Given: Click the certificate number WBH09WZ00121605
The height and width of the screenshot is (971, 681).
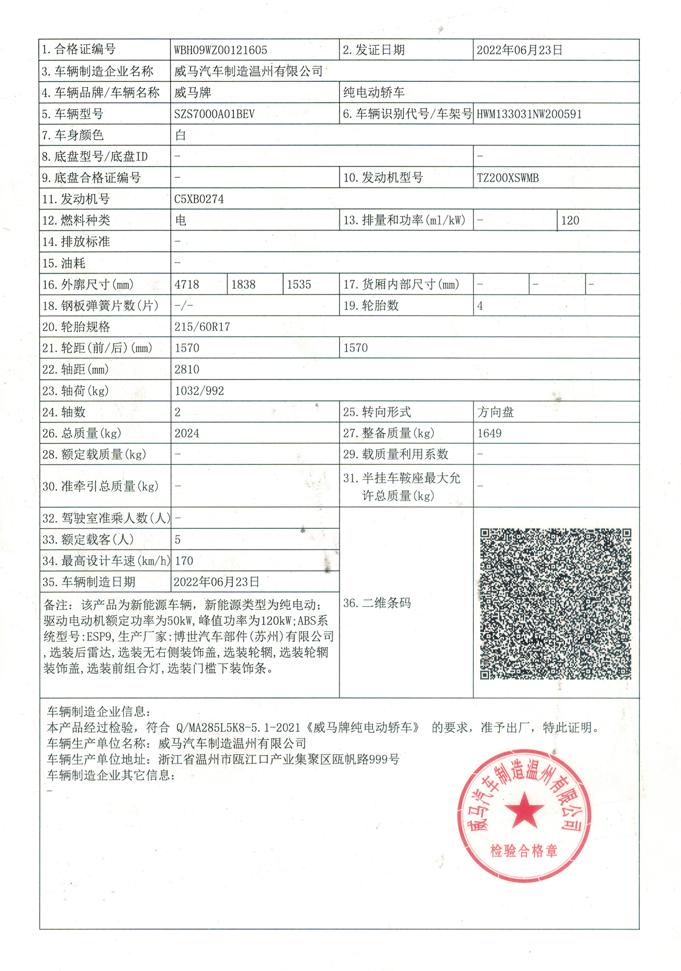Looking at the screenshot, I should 220,50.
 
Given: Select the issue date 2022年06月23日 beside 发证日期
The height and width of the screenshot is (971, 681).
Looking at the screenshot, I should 519,50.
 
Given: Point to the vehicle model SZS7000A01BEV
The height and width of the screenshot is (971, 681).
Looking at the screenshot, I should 215,114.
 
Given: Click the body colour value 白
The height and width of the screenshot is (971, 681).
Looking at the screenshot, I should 181,135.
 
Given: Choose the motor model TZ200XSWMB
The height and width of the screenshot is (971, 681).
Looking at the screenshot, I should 508,178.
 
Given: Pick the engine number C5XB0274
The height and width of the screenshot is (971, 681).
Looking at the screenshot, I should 199,199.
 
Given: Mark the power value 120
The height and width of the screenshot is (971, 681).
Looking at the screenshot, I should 570,220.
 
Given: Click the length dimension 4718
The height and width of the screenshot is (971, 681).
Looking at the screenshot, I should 187,285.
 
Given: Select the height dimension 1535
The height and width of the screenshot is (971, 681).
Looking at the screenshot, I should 299,285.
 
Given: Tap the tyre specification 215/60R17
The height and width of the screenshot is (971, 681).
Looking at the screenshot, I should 202,327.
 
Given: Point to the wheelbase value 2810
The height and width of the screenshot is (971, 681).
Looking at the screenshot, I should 187,370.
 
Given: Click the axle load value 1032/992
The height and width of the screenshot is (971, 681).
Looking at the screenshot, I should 199,391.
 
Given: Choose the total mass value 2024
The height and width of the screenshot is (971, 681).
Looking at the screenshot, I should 187,434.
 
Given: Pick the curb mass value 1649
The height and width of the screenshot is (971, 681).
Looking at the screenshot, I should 489,434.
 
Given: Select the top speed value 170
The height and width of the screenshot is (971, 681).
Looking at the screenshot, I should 184,561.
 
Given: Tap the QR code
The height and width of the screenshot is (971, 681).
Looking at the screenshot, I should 555,604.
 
